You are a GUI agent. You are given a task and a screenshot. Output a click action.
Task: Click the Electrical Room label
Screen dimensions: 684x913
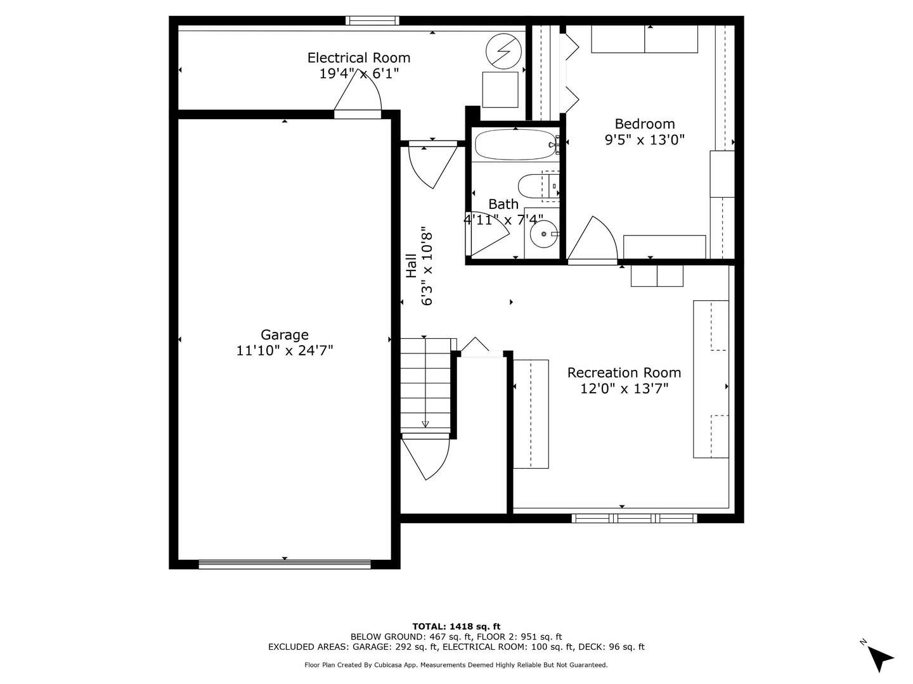pyautogui.click(x=359, y=58)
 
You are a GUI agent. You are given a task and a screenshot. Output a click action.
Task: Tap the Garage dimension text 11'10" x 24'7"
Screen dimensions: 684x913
pyautogui.click(x=285, y=350)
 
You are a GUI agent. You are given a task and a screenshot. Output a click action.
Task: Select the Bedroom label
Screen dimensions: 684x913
pyautogui.click(x=644, y=124)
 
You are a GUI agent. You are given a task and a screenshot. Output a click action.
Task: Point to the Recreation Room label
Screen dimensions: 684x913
pyautogui.click(x=624, y=372)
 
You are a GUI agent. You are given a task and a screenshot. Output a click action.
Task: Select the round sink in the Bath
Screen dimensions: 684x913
pyautogui.click(x=543, y=235)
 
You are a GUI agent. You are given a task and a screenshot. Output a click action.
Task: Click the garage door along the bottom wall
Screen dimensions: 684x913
pyautogui.click(x=285, y=564)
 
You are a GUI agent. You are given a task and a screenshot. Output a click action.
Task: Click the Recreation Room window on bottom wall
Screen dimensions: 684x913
pyautogui.click(x=634, y=518)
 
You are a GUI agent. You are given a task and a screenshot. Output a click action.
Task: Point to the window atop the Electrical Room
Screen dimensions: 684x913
pyautogui.click(x=372, y=21)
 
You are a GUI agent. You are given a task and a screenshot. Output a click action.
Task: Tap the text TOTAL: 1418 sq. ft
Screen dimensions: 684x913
pyautogui.click(x=456, y=626)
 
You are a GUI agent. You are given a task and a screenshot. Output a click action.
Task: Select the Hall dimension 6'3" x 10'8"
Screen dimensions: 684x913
pyautogui.click(x=427, y=267)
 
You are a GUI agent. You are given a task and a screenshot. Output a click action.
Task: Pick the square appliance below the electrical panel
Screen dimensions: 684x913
pyautogui.click(x=500, y=90)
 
